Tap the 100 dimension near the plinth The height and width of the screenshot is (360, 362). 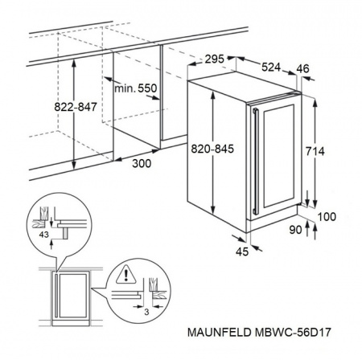point(326,218)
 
